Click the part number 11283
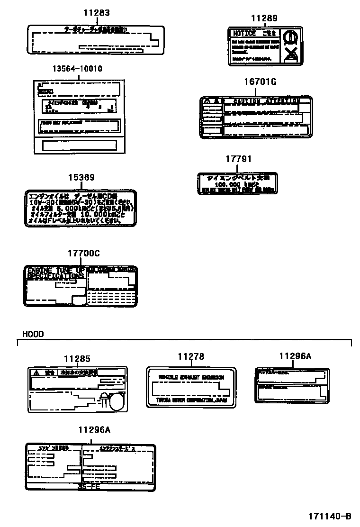pos(96,13)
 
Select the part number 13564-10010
pos(77,69)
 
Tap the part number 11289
pos(264,18)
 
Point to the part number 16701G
pos(260,82)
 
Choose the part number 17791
pos(238,159)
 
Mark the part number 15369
pos(81,178)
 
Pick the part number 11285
pos(77,360)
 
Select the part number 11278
pos(191,356)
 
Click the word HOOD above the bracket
pos(33,334)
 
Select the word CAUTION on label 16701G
pos(247,101)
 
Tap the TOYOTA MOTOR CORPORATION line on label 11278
pos(191,400)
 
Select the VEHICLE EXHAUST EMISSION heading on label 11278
pos(191,377)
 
